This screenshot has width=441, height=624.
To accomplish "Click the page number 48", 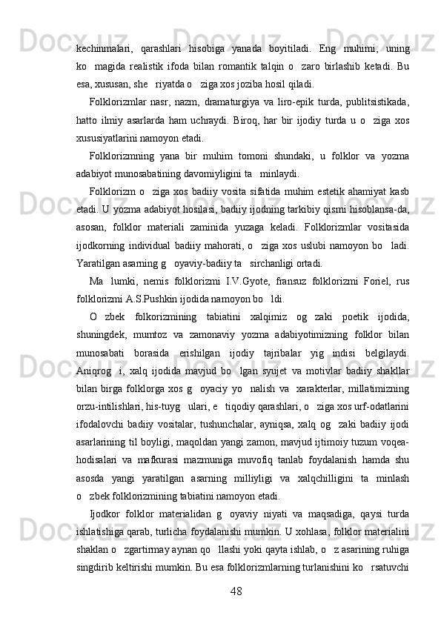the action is (x=236, y=591).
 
